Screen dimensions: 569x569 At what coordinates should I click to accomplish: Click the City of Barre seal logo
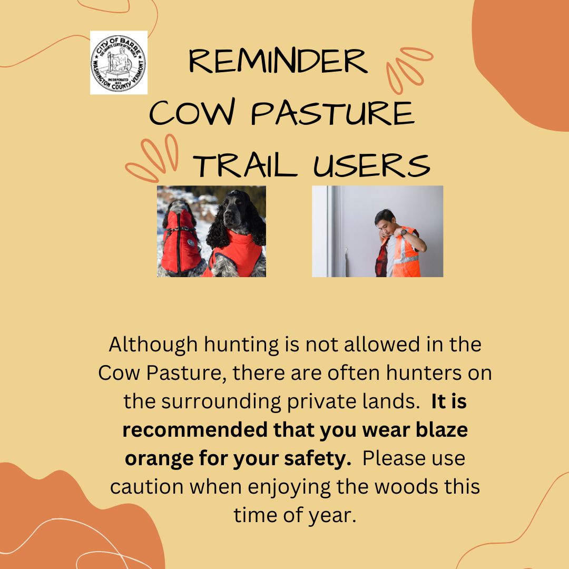(119, 62)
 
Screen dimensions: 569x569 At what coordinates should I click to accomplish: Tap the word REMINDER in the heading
(278, 61)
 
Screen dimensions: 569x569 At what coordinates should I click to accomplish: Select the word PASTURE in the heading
(332, 113)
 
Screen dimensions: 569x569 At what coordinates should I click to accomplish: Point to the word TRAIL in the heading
(246, 165)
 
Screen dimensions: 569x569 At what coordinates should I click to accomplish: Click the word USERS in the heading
(371, 165)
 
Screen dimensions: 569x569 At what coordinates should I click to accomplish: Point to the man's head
(385, 221)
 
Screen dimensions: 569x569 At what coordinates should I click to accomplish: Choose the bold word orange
(159, 459)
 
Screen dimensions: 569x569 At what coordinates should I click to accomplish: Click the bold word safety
(318, 459)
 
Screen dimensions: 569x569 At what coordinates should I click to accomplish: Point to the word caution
(146, 487)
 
